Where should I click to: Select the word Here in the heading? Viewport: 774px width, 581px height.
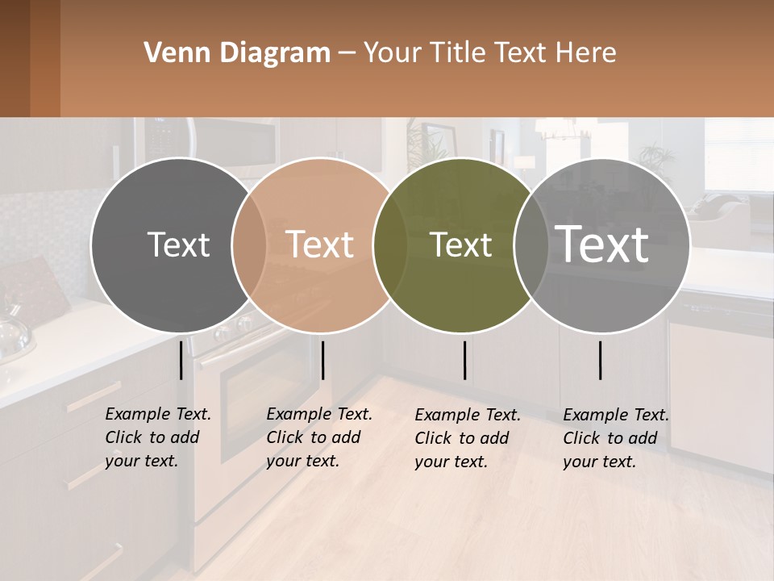(585, 53)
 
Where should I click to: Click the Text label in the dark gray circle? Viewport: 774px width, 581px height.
(178, 245)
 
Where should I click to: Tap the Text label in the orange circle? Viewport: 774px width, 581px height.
(319, 245)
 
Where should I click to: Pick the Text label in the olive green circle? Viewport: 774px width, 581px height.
(460, 245)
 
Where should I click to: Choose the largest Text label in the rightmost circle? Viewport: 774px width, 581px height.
(601, 245)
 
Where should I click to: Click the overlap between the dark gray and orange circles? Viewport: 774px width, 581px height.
(249, 245)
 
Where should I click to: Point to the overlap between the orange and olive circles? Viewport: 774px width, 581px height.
(390, 245)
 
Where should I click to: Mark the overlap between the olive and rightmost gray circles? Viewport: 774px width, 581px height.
(531, 245)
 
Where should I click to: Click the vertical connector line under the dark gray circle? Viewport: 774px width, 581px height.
(181, 360)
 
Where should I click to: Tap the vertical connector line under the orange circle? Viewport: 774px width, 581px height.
(322, 360)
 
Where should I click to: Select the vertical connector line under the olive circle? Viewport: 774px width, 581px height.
(465, 360)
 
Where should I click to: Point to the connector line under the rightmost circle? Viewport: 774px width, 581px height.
(601, 360)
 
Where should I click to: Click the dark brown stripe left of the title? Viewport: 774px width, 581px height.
(15, 58)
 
